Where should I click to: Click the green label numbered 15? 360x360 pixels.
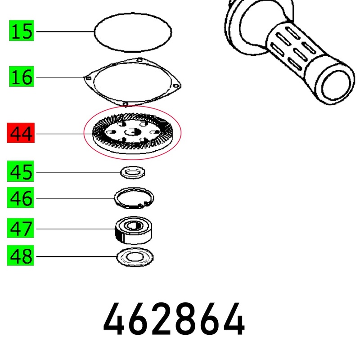(x=22, y=31)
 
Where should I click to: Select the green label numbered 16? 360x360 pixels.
(x=22, y=76)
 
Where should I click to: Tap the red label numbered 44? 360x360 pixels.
(x=21, y=133)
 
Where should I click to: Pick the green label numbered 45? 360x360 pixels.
(x=20, y=171)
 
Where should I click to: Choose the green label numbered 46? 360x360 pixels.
(x=20, y=198)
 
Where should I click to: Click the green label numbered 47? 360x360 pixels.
(x=20, y=228)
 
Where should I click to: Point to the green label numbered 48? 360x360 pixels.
(x=20, y=255)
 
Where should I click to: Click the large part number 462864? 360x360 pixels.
(x=174, y=319)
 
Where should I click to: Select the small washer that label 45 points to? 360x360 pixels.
(x=133, y=172)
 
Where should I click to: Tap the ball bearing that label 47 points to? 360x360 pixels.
(x=133, y=230)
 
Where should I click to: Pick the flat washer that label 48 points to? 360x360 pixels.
(x=135, y=257)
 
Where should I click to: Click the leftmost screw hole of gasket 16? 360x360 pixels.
(x=88, y=78)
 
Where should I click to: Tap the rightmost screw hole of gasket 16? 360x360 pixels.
(x=176, y=86)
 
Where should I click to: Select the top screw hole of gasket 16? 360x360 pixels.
(x=139, y=60)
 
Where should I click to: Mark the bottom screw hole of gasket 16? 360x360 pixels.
(x=125, y=104)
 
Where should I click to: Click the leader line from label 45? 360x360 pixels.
(x=78, y=172)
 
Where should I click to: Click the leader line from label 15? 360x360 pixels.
(x=65, y=31)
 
